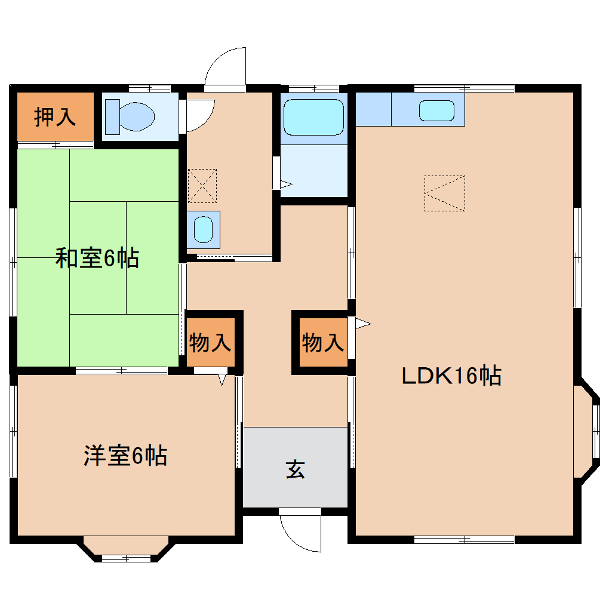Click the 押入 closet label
coord(55,117)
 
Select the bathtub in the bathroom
coord(313,117)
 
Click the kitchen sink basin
coord(436,110)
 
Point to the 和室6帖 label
coord(97,258)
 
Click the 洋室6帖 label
coord(124,456)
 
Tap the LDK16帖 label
coord(451,376)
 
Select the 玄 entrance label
coord(295,469)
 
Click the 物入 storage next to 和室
coord(210,343)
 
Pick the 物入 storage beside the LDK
coord(323,343)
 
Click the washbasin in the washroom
coord(204,229)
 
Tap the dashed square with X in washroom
coord(202,186)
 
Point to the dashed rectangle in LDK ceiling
coord(444,193)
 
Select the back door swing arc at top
coord(226,67)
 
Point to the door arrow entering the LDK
coord(362,324)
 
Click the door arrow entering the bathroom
coord(286,184)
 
